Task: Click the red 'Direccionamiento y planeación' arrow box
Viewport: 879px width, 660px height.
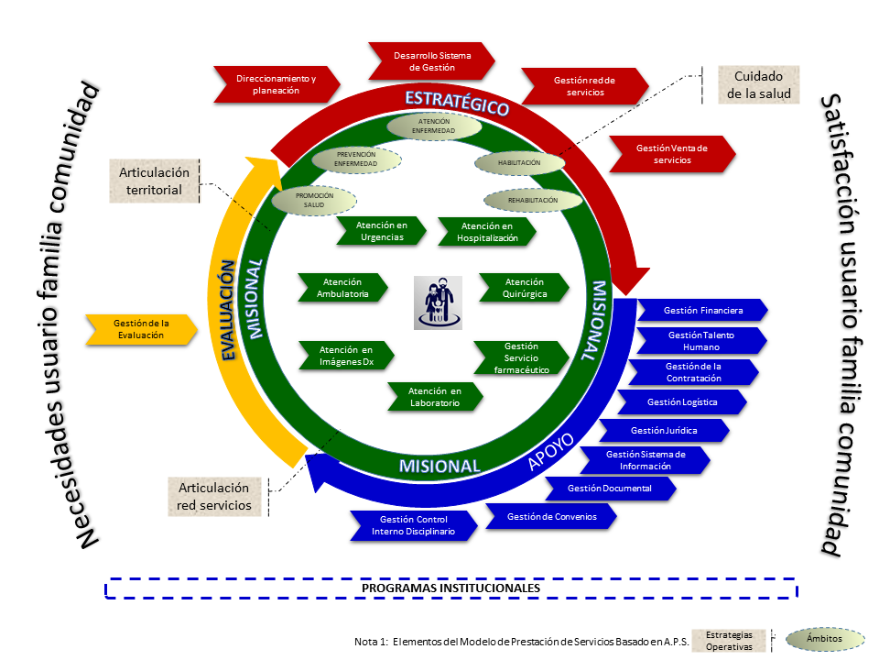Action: [277, 84]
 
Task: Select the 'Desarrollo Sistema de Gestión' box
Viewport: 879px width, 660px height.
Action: [431, 61]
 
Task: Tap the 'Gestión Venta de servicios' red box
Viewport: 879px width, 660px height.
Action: [672, 154]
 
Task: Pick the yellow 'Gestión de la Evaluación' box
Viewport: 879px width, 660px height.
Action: [141, 329]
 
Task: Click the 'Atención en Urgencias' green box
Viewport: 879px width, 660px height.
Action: [381, 231]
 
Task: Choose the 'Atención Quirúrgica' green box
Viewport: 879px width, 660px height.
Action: [524, 288]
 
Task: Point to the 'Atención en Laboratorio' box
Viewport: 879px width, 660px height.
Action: [435, 397]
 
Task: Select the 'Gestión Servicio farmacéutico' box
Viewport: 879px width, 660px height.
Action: [521, 358]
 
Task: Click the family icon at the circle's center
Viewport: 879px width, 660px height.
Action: [438, 302]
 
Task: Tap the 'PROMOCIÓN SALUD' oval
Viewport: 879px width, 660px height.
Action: [314, 201]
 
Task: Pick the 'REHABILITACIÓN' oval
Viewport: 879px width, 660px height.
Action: [533, 201]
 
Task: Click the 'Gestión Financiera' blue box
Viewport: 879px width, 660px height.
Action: [702, 311]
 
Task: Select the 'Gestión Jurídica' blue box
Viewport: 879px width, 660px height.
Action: [665, 431]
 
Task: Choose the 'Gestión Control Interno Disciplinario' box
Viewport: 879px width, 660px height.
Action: [414, 525]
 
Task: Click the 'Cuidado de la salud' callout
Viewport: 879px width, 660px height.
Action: [758, 84]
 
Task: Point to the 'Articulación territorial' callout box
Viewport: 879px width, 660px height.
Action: [154, 181]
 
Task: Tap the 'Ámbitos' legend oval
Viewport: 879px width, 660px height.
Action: [825, 639]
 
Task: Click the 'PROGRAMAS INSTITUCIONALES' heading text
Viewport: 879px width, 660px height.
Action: [450, 588]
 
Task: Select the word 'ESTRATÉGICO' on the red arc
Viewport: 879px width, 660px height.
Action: [457, 103]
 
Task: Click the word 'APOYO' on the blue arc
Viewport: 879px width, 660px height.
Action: [551, 451]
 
